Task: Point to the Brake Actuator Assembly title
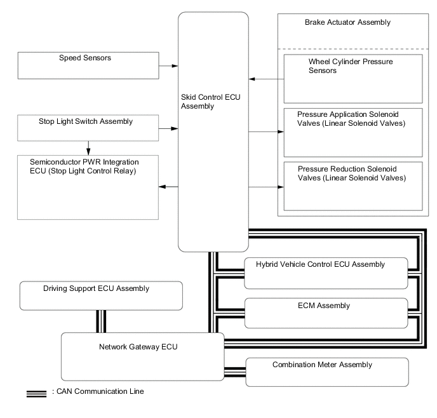[348, 22]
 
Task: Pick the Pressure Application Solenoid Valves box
[353, 132]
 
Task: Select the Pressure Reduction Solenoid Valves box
[353, 185]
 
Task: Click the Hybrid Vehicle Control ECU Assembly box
[324, 271]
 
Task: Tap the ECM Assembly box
[324, 313]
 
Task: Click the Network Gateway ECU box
[142, 355]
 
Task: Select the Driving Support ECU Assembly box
[101, 295]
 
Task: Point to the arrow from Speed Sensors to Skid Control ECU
[169, 65]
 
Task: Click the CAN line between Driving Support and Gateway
[99, 321]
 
